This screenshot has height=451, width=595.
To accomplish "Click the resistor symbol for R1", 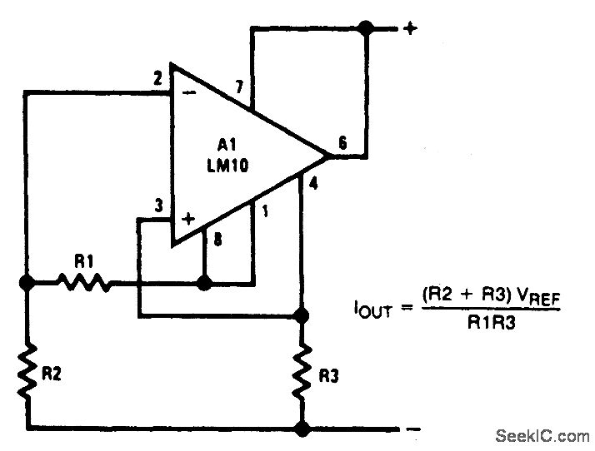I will pos(84,283).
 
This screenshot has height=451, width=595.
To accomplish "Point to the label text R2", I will pos(52,374).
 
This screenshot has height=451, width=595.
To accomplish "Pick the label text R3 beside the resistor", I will pos(330,377).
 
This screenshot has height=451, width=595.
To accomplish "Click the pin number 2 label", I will pos(157,80).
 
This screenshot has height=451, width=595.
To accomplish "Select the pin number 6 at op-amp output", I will pos(342,144).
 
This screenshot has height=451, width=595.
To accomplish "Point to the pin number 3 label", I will pos(157,206).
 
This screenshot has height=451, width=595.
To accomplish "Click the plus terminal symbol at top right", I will pos(409,29).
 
